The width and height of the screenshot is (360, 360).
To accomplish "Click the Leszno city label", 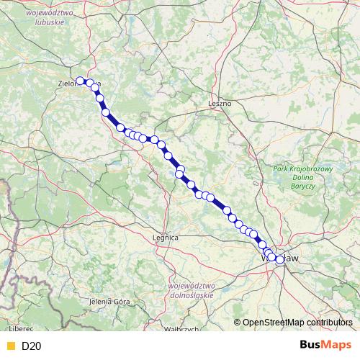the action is pyautogui.click(x=220, y=103).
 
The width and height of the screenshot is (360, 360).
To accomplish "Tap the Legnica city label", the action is pyautogui.click(x=166, y=236).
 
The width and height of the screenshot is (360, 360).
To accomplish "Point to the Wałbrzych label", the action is pyautogui.click(x=181, y=329).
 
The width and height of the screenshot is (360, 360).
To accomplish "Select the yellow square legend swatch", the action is pyautogui.click(x=9, y=346).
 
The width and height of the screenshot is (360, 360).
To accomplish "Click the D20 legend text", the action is pyautogui.click(x=32, y=346).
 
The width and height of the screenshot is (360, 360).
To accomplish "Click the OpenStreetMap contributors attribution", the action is pyautogui.click(x=297, y=322).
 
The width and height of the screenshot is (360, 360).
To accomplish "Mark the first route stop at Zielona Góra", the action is pyautogui.click(x=81, y=81).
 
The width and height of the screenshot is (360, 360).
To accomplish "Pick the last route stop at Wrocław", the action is pyautogui.click(x=279, y=260).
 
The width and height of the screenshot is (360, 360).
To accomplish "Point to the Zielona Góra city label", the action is pyautogui.click(x=71, y=83).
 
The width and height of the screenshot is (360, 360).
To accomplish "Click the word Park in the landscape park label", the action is pyautogui.click(x=282, y=169).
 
